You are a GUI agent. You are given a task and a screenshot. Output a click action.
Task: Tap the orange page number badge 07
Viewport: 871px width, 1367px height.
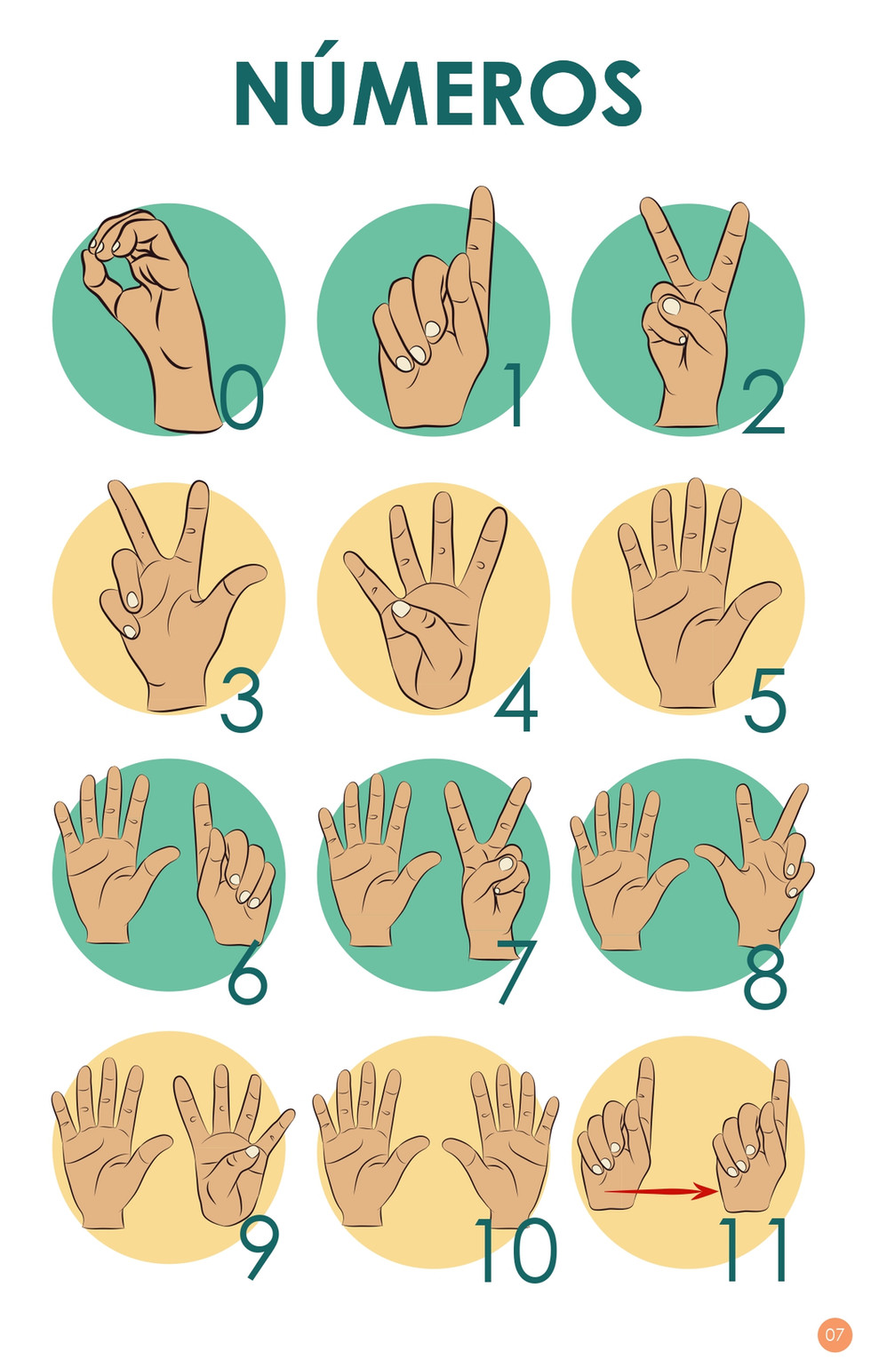click(x=835, y=1334)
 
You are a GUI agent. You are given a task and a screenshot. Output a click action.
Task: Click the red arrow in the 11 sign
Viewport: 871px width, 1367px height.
click(x=661, y=1190)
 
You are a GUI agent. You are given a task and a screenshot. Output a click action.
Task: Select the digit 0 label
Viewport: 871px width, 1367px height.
click(x=242, y=397)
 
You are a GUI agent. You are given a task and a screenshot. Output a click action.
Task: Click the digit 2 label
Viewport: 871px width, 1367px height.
click(x=763, y=401)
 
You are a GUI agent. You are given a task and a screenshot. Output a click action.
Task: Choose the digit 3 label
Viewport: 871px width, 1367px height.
click(x=242, y=700)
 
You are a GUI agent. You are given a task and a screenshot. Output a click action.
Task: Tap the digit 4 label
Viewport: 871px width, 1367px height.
click(x=516, y=699)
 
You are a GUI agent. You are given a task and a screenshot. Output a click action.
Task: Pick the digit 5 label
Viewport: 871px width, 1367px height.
click(x=764, y=700)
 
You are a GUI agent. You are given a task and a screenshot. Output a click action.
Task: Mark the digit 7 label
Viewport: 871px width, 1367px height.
click(x=516, y=972)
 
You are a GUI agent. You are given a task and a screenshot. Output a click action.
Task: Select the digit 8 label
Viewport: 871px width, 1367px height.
click(x=764, y=974)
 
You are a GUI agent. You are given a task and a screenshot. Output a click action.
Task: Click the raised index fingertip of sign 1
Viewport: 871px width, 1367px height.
click(x=482, y=195)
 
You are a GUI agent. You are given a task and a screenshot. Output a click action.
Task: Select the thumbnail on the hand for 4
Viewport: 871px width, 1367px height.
click(x=401, y=608)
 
